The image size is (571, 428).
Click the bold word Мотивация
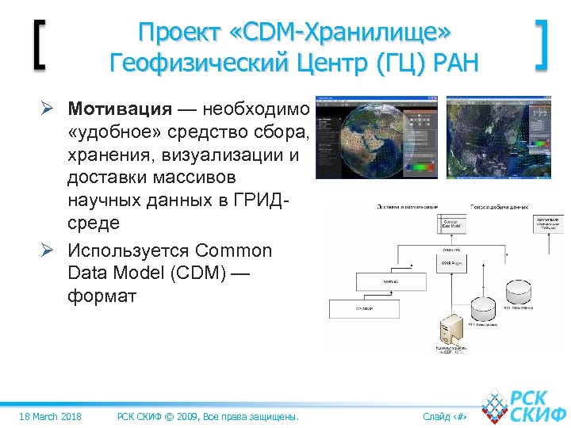click(x=119, y=108)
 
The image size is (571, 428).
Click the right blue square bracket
click(x=542, y=45)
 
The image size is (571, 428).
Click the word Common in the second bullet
click(x=232, y=251)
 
